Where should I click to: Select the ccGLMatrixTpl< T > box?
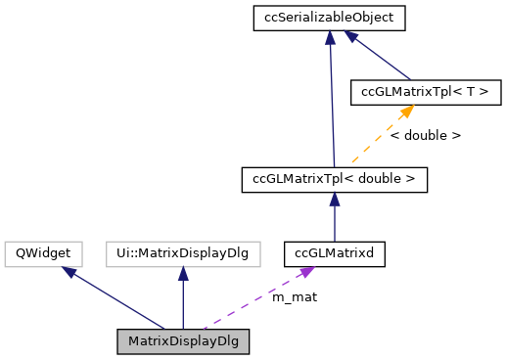(426, 92)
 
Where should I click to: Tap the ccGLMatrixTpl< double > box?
(334, 179)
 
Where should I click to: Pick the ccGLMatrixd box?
(334, 254)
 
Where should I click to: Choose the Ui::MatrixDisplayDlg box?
(183, 254)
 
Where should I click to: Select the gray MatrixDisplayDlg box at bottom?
(183, 341)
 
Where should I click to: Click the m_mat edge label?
(294, 296)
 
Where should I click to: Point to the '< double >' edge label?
(425, 136)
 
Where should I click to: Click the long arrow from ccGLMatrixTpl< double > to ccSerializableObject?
(332, 98)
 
